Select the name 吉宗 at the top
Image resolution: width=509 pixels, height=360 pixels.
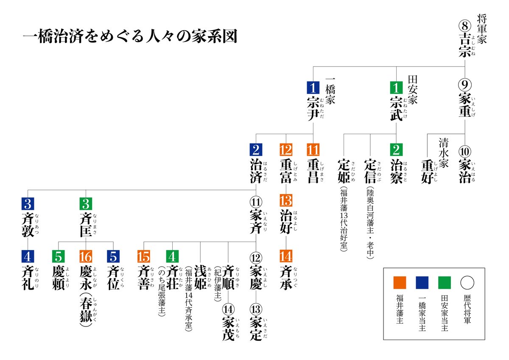pyautogui.click(x=465, y=44)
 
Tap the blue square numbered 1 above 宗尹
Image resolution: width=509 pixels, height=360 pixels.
pyautogui.click(x=313, y=87)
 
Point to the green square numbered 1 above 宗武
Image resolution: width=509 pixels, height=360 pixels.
pyautogui.click(x=396, y=87)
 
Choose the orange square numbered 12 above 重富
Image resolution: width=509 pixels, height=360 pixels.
pyautogui.click(x=286, y=150)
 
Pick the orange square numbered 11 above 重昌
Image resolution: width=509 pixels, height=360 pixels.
pyautogui.click(x=313, y=150)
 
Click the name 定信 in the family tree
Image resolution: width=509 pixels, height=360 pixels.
pyautogui.click(x=370, y=171)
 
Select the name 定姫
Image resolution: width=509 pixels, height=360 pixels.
pyautogui.click(x=344, y=171)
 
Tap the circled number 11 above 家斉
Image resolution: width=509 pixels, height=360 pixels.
pyautogui.click(x=256, y=200)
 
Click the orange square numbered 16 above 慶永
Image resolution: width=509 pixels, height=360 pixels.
pyautogui.click(x=86, y=256)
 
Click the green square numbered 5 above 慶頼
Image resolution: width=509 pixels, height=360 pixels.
pyautogui.click(x=58, y=256)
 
